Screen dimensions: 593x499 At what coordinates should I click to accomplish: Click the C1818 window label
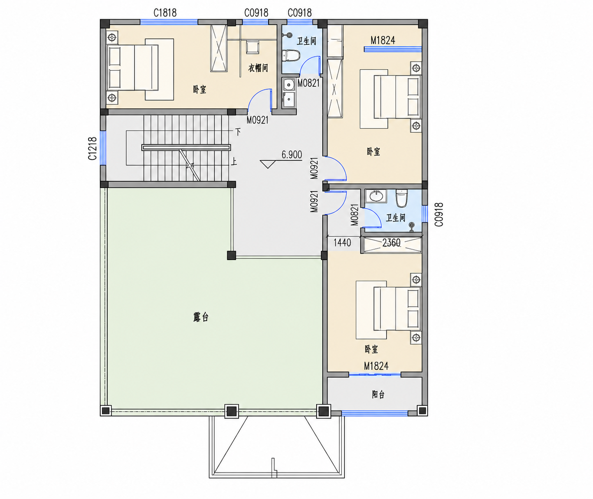(x=165, y=13)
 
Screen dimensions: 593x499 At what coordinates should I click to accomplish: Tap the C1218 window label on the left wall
(x=92, y=148)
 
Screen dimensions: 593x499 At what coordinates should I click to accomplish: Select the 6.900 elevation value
(x=292, y=155)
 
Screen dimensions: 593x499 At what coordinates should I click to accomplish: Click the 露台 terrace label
(x=201, y=317)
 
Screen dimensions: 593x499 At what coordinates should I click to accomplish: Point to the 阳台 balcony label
(x=378, y=394)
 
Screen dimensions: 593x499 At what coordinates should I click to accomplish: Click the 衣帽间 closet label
(x=258, y=68)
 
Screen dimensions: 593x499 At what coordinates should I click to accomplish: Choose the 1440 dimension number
(x=342, y=243)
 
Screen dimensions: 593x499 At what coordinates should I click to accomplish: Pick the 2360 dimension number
(x=391, y=243)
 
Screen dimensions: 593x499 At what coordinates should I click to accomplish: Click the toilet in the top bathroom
(x=292, y=55)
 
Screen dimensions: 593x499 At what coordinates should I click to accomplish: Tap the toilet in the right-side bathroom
(x=402, y=198)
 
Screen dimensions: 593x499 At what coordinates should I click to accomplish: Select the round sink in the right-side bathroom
(x=376, y=196)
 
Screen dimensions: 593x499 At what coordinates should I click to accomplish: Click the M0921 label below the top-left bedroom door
(x=257, y=121)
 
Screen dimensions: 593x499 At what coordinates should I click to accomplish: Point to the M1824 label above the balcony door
(x=376, y=366)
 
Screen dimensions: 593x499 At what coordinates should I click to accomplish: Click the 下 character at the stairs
(x=238, y=132)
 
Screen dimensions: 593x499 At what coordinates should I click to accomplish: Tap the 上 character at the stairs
(x=234, y=162)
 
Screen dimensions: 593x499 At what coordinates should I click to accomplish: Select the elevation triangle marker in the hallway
(x=268, y=164)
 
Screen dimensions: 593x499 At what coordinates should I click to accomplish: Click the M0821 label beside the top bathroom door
(x=308, y=83)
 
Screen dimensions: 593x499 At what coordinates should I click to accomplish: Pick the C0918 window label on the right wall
(x=439, y=215)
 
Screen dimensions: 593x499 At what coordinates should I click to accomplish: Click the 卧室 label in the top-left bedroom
(x=200, y=90)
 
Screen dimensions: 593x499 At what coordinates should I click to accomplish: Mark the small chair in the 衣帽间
(x=252, y=47)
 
